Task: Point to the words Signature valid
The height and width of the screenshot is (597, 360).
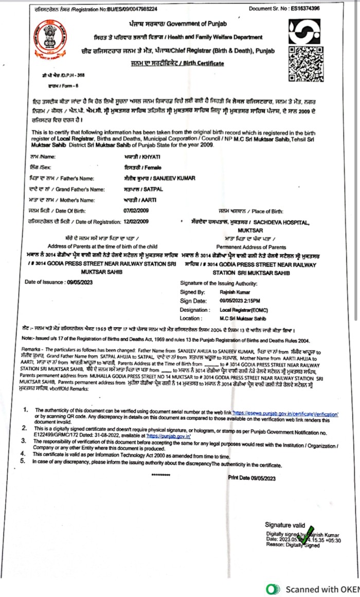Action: (285, 524)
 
